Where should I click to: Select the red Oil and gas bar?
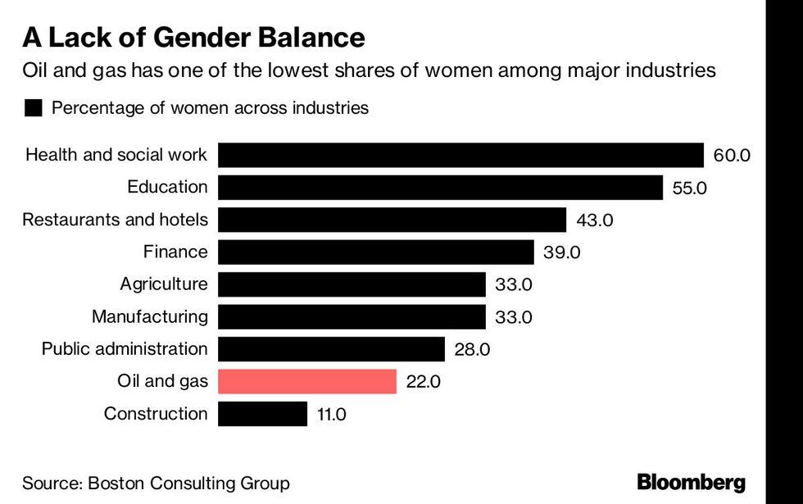coord(307,381)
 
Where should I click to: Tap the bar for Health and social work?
coord(460,155)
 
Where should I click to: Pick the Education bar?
coord(440,187)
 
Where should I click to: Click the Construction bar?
coord(262,414)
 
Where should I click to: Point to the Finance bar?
coord(376,252)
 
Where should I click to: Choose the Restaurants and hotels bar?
coord(392,220)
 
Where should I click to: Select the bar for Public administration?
coord(331,349)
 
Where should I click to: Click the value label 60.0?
coord(732,155)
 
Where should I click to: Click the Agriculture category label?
coord(164,284)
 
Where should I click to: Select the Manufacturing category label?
coord(150,316)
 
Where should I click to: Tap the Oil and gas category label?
coord(162,381)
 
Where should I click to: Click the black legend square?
coord(34,108)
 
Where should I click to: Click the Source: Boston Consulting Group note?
coord(156,483)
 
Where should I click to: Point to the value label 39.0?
coord(561,252)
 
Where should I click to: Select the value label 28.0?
coord(472,350)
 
